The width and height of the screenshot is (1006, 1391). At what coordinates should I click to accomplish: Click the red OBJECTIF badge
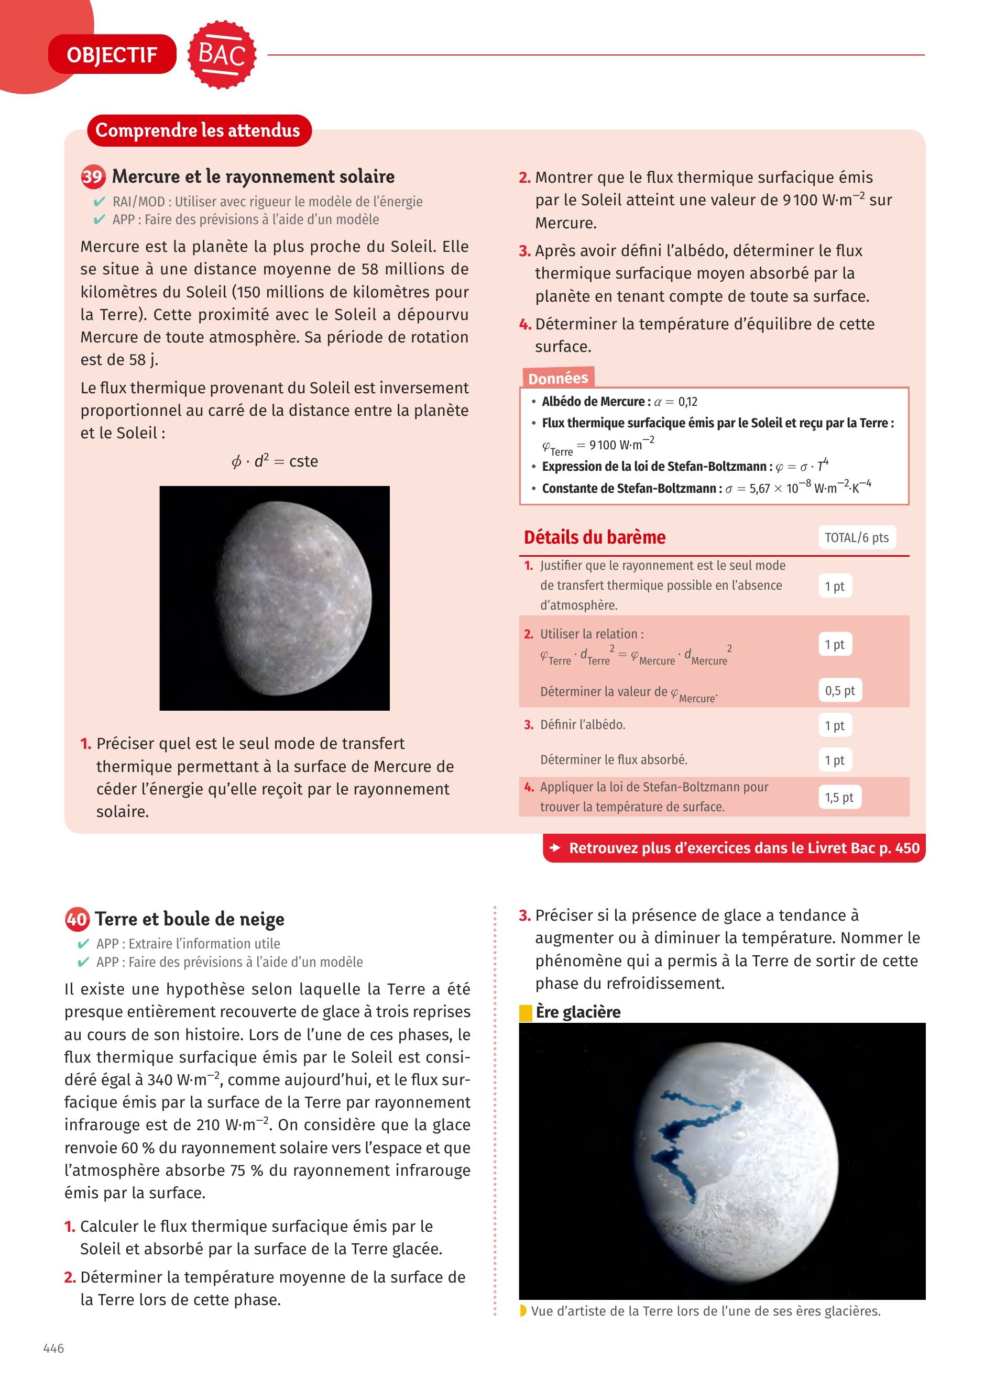[x=112, y=54]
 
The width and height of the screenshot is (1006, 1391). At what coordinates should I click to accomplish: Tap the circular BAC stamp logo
[x=222, y=54]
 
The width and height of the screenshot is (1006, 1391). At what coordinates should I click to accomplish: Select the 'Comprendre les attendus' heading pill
[x=199, y=130]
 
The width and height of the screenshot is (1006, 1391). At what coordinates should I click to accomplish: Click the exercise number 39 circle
[x=93, y=176]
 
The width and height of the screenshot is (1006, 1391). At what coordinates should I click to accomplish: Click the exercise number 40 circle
[x=76, y=919]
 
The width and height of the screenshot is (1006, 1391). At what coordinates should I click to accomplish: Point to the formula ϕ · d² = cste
[x=274, y=461]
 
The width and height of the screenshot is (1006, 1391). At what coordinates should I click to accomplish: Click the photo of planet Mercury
[x=274, y=598]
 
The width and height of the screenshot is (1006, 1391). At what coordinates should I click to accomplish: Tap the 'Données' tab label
[x=557, y=378]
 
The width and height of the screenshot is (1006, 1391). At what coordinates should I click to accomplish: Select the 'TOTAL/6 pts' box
[x=856, y=537]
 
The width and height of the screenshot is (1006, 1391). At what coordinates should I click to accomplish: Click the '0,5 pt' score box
[x=839, y=690]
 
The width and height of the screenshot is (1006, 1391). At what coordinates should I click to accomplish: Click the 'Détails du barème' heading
[x=594, y=537]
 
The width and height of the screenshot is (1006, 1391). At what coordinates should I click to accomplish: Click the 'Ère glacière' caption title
[x=577, y=1011]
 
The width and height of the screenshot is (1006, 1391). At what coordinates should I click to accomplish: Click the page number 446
[x=53, y=1348]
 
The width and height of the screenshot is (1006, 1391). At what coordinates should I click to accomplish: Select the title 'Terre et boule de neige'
[x=190, y=919]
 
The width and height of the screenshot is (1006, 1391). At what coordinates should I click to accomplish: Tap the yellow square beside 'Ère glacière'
[x=525, y=1012]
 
